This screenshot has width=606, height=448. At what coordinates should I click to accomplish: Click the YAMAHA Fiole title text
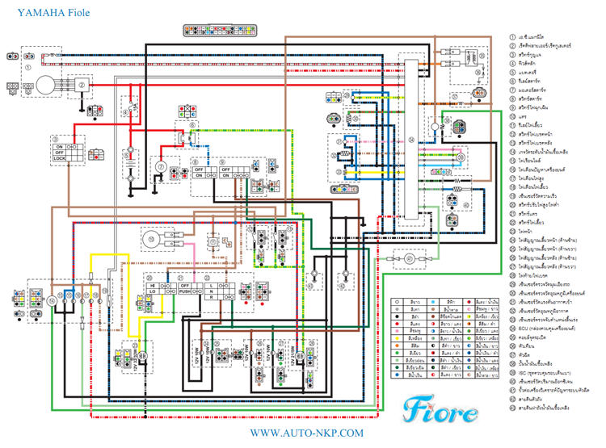point(45,14)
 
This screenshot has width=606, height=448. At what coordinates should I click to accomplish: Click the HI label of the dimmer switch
point(151,287)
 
